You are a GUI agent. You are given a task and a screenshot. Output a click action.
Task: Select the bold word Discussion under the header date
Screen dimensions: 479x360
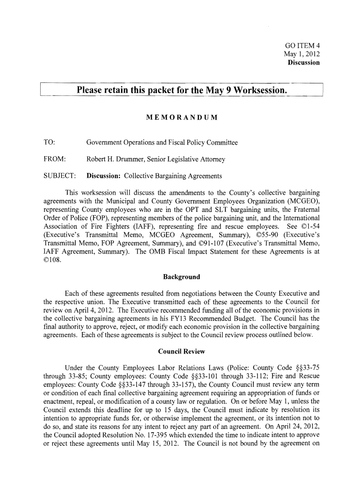[x=303, y=62]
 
